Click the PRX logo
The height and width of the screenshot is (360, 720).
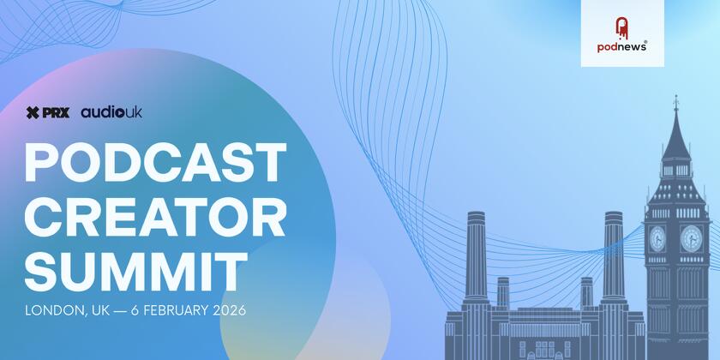coord(48,112)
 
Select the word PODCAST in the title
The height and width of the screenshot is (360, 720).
coord(155,162)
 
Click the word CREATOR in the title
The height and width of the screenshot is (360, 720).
coord(155,217)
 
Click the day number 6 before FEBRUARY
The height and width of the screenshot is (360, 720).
coord(136,310)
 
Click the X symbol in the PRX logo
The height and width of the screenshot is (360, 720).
coord(33,112)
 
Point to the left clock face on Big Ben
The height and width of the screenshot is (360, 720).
coord(657,237)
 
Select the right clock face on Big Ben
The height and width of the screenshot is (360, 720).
coord(690,237)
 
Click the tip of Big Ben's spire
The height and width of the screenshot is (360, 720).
coord(675,99)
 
